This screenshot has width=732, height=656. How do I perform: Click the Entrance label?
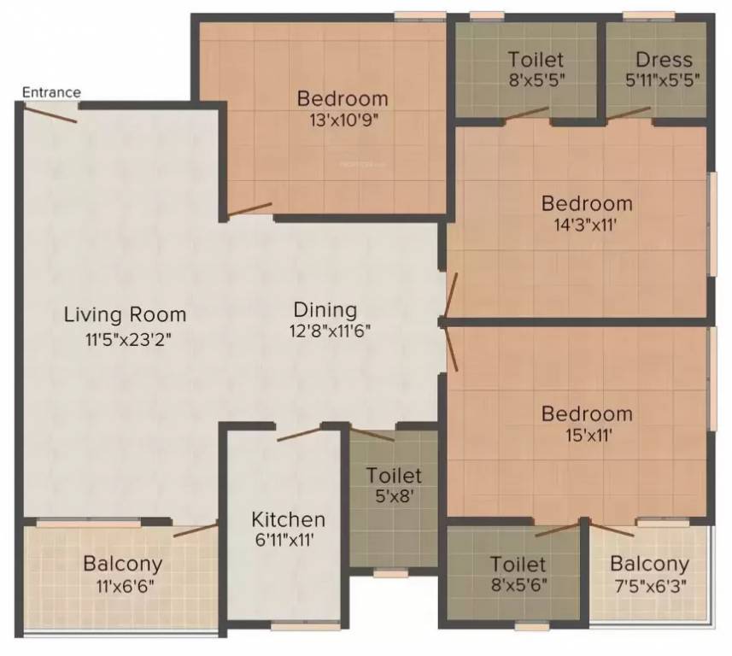[51, 92]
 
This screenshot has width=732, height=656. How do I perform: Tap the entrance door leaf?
[50, 114]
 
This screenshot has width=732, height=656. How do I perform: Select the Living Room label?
[125, 314]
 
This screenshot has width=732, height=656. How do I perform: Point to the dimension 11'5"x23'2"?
[129, 339]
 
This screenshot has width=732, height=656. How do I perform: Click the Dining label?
[325, 309]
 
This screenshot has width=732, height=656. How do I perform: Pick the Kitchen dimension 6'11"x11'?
[284, 540]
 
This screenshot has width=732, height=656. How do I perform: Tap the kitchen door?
[299, 434]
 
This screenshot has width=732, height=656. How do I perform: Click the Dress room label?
[664, 60]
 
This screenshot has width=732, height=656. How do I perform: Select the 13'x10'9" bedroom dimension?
[343, 120]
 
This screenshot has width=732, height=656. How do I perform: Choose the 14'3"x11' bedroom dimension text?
[586, 225]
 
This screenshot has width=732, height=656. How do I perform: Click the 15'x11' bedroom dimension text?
[589, 435]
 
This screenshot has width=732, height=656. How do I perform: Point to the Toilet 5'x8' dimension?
[394, 496]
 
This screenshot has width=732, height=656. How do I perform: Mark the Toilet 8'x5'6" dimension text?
[518, 584]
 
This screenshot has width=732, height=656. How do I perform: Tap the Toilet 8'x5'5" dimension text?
[537, 79]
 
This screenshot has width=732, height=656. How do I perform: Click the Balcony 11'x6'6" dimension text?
[122, 585]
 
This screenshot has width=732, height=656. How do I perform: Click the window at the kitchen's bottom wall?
[306, 627]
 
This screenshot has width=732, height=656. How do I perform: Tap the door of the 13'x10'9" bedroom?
[249, 209]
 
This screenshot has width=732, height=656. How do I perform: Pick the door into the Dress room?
[629, 113]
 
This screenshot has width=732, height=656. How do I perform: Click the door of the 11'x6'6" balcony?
[196, 530]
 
